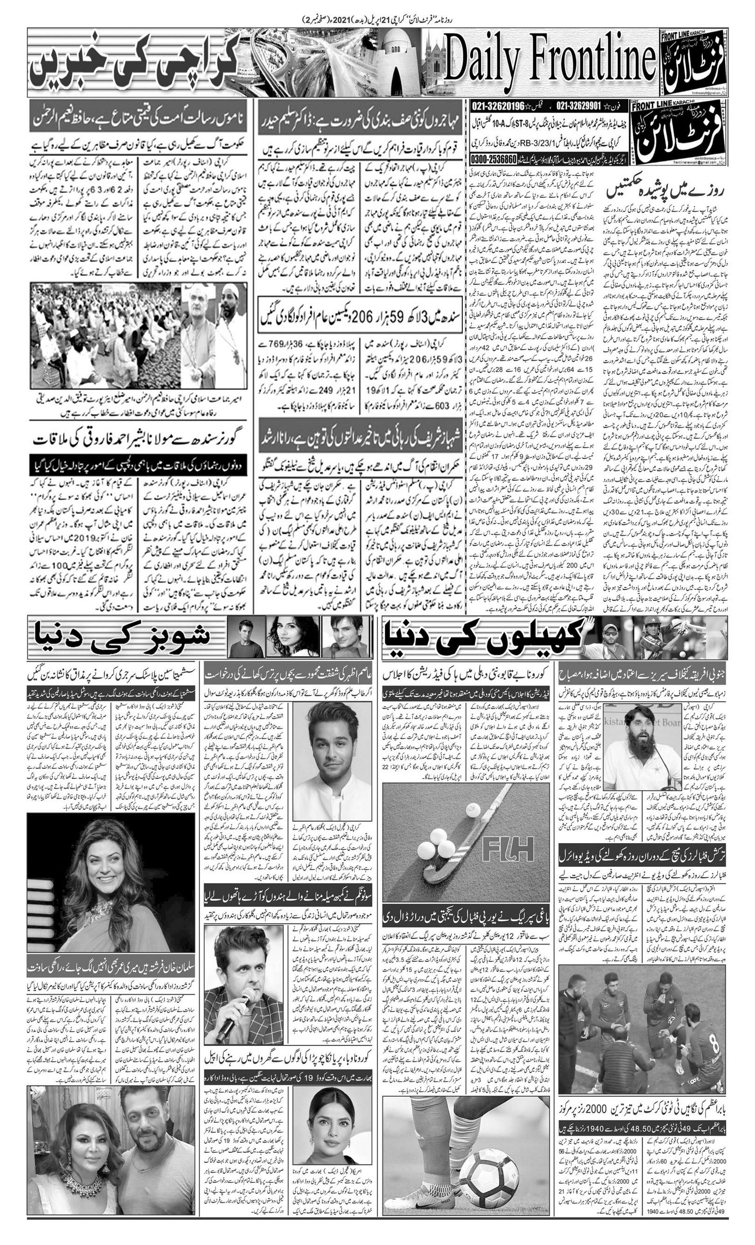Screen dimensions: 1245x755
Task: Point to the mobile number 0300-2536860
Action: (x=494, y=158)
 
